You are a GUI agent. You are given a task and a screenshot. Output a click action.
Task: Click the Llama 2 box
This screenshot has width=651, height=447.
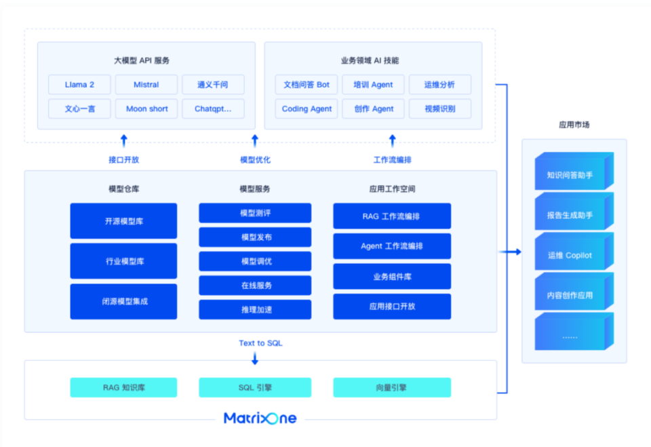(79, 85)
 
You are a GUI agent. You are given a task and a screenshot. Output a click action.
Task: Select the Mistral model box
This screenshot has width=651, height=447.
(146, 85)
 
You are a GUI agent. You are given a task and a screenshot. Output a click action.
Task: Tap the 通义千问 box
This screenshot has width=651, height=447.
(212, 85)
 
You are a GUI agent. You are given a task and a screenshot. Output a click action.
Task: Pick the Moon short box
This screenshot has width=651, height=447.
(146, 109)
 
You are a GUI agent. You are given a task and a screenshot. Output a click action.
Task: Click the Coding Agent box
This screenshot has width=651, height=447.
(307, 109)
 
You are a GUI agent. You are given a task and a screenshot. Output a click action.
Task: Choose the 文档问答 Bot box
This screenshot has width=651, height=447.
(307, 85)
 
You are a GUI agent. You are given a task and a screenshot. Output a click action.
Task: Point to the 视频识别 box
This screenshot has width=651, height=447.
(439, 109)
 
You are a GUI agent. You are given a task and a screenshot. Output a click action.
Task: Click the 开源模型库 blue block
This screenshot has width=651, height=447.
(123, 221)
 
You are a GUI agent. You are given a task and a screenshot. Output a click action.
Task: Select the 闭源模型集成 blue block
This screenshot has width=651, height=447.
(123, 301)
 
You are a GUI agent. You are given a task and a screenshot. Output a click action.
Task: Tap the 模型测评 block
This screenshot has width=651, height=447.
(255, 213)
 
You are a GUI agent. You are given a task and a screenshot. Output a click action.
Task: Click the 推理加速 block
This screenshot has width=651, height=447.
(255, 309)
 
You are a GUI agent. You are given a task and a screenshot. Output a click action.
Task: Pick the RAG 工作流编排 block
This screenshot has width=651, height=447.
(391, 216)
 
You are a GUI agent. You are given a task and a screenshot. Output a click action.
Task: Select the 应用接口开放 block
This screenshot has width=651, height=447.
(391, 306)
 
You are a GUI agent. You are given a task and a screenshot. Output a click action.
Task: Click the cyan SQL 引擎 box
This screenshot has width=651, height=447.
(255, 387)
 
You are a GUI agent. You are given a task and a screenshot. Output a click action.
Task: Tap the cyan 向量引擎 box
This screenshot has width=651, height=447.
(391, 387)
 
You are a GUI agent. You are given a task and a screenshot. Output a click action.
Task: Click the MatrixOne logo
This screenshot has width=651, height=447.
(260, 418)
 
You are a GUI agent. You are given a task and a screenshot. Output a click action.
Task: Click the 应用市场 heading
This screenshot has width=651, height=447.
(574, 125)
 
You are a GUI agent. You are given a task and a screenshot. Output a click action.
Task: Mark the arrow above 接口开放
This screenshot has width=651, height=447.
(123, 140)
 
